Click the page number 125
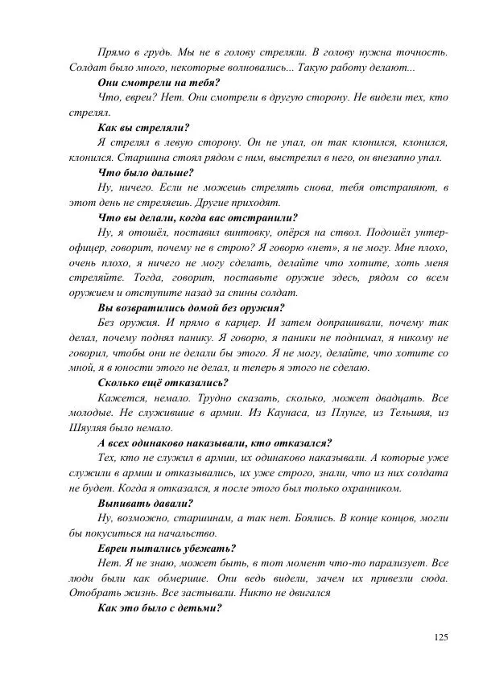point(440,638)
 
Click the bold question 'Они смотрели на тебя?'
point(159,83)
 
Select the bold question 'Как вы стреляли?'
point(143,127)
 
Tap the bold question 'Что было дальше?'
point(145,172)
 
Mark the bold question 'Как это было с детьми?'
point(159,608)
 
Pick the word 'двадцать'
point(393,397)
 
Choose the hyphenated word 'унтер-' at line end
point(428,232)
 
